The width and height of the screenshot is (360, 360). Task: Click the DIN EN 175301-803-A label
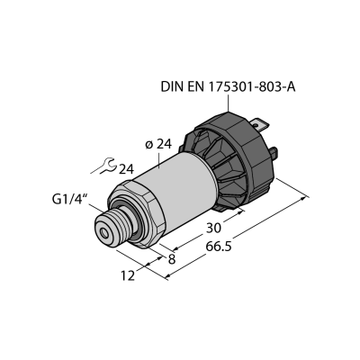[x=229, y=87]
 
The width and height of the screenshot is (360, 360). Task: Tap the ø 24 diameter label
[x=158, y=144]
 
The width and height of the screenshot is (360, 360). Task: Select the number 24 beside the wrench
[x=126, y=169]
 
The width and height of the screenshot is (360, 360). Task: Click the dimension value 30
[x=213, y=228]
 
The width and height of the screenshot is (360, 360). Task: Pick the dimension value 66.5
[x=219, y=247]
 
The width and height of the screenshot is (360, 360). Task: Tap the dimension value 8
[x=172, y=259]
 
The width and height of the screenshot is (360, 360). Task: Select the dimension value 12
[x=128, y=275]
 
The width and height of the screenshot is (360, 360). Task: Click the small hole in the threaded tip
[x=104, y=233]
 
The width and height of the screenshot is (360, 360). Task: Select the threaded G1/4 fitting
[x=114, y=226]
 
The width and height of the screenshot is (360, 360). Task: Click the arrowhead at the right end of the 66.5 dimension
[x=305, y=198]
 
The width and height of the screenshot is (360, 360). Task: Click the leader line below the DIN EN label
[x=229, y=103]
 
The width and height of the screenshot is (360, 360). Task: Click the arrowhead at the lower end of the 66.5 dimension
[x=169, y=276]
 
